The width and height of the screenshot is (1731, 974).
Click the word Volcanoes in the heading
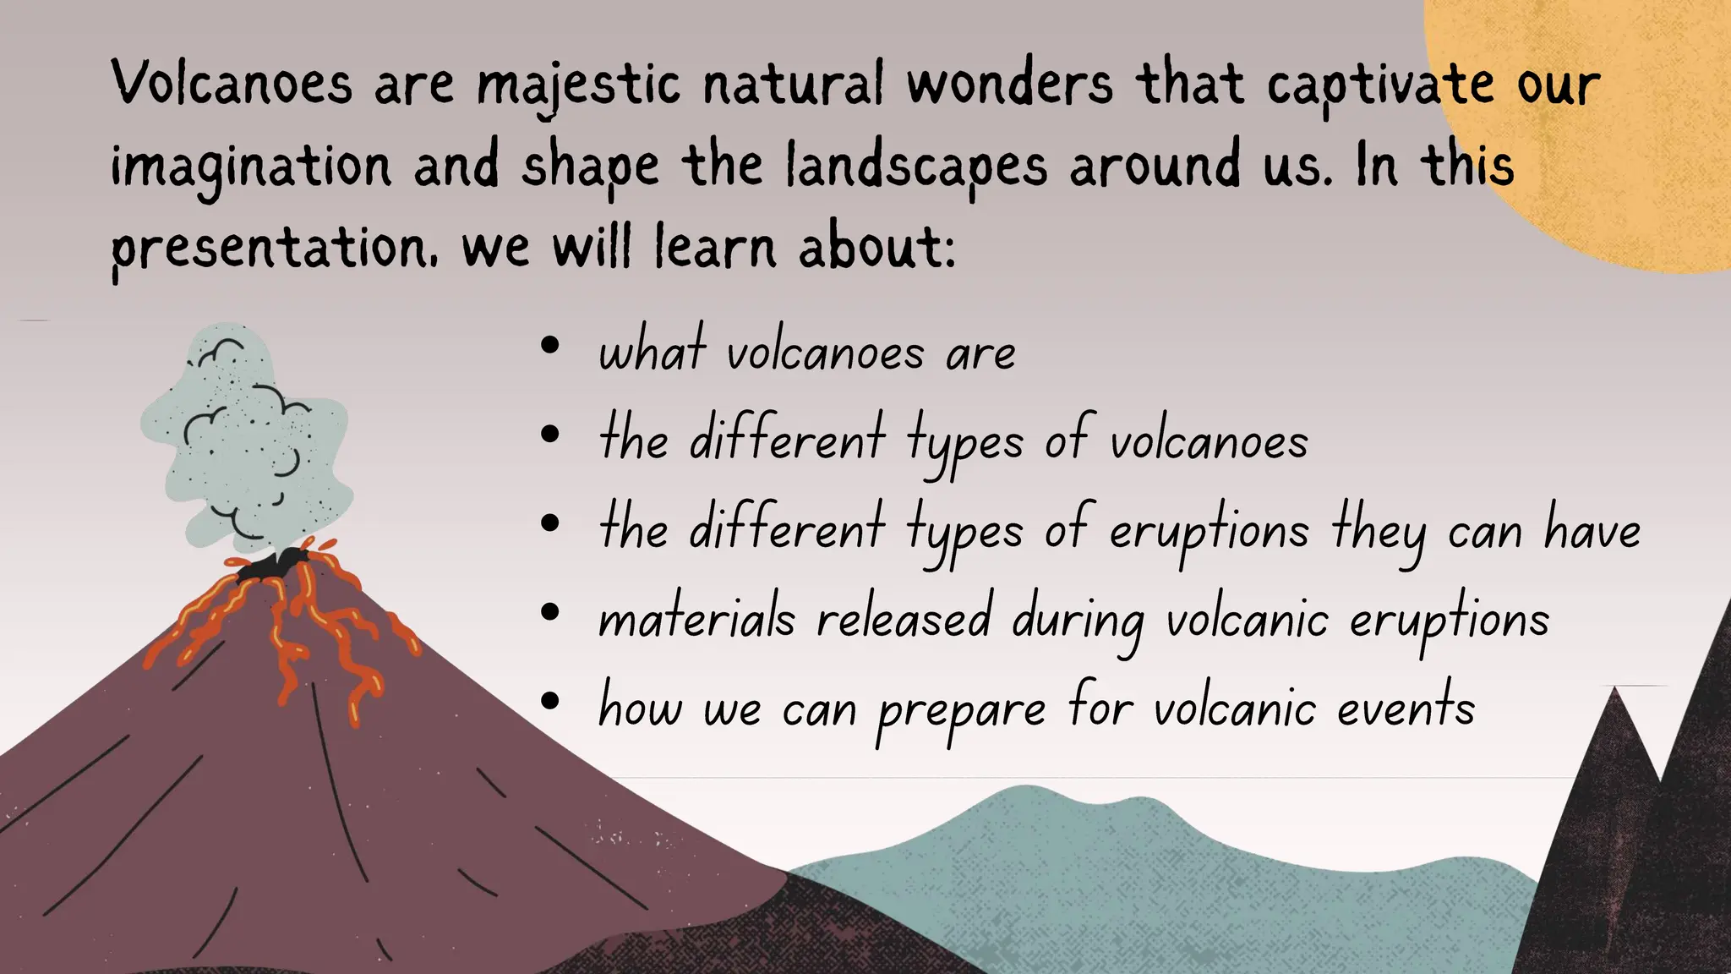(231, 85)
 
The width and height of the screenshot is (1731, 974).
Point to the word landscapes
(916, 167)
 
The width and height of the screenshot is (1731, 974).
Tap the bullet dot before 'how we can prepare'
(550, 700)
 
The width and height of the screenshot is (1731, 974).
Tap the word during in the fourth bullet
(1078, 621)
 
